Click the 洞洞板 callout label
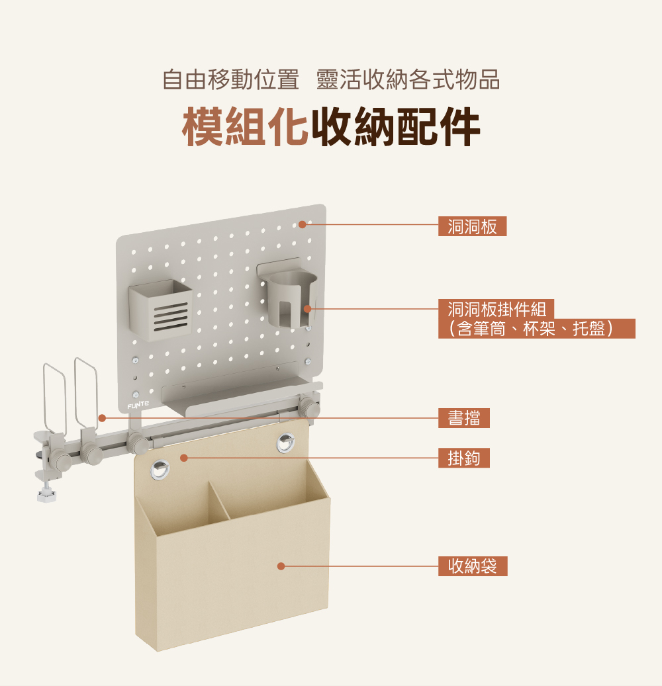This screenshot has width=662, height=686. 472,226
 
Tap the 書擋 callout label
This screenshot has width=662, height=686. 463,418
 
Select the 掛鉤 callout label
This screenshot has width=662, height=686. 463,458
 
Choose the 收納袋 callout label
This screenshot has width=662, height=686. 472,566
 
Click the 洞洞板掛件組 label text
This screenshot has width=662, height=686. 496,309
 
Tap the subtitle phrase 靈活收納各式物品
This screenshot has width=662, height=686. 408,79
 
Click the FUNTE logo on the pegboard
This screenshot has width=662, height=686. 139,404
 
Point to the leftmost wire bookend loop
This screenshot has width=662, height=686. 52,397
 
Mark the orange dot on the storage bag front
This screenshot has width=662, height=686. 281,566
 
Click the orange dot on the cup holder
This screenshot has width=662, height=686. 307,309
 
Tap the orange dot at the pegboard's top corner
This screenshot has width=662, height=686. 302,225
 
